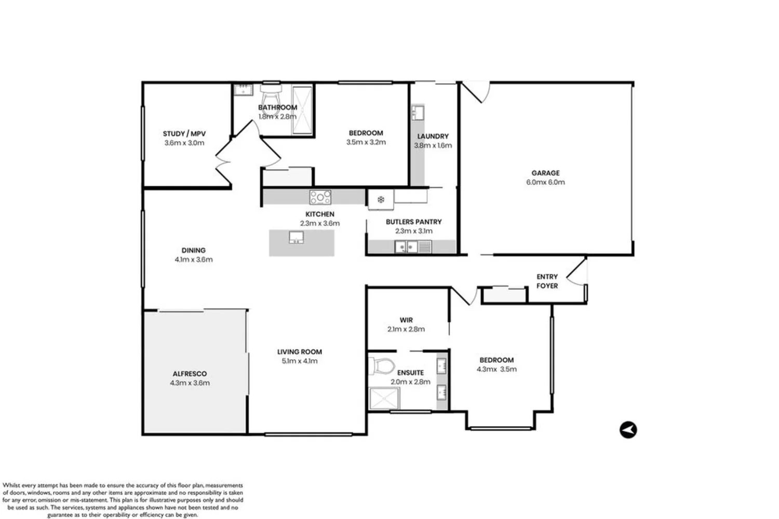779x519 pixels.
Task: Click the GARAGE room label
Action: [545, 173]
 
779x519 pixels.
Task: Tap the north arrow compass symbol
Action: [628, 430]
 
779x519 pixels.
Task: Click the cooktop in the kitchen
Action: [320, 197]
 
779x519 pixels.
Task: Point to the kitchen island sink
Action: [296, 237]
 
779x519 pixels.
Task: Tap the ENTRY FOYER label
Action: [547, 281]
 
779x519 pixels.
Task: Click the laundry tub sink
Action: [418, 113]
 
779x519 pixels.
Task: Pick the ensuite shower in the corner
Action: [384, 399]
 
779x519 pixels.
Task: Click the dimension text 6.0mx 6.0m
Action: [545, 182]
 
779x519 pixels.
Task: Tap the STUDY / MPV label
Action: [184, 134]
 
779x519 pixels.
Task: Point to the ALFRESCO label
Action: [190, 374]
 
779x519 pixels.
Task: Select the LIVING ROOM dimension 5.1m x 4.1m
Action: [300, 361]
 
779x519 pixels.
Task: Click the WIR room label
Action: [406, 320]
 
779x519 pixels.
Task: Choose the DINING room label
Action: [193, 250]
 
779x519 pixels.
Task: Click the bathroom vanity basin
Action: [242, 90]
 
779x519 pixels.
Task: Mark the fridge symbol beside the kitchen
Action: [381, 199]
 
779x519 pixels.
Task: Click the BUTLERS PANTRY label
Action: [413, 222]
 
